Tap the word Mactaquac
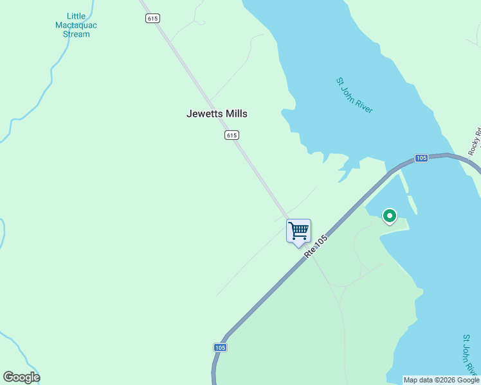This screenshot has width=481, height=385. pos(77,25)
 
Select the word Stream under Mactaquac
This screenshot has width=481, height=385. pos(77,34)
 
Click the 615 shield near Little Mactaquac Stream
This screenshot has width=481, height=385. pos(152,19)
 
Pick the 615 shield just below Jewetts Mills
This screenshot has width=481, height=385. pos(232,135)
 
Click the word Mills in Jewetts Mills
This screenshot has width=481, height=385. pos(234,114)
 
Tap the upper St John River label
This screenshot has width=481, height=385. pos(354,96)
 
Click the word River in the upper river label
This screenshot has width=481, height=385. pos(363,105)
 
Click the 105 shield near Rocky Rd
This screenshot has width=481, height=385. pos(421,158)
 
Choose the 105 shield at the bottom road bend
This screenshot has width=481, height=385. pos(220,347)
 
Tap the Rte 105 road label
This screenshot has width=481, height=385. pos(316,247)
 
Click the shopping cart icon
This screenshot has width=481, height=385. pos(298,230)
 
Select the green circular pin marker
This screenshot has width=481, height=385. pos(389,216)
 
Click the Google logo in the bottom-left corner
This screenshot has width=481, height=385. pos(21,377)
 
